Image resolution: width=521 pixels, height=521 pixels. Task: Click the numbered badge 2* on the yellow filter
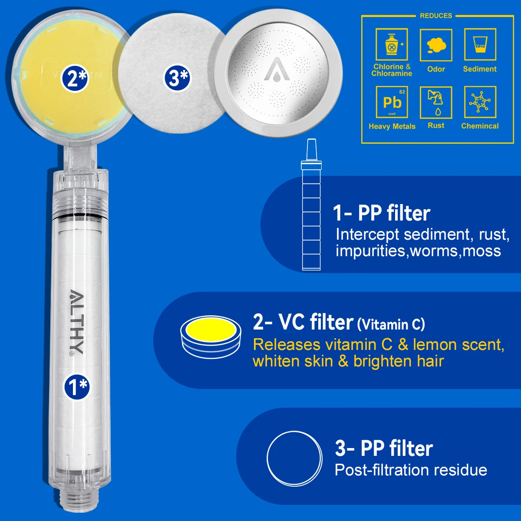75,79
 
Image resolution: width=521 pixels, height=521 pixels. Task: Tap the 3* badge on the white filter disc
177,78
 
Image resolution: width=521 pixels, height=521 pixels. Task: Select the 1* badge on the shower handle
77,387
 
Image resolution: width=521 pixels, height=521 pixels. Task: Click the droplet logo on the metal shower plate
277,70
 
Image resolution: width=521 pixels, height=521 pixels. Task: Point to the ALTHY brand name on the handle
76,322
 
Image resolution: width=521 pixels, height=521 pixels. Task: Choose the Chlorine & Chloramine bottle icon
392,45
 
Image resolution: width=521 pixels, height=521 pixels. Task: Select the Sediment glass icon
480,45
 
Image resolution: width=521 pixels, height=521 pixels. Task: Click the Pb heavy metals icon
392,102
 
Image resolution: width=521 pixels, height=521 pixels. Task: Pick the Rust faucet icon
436,102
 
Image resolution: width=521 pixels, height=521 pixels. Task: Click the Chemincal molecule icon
480,102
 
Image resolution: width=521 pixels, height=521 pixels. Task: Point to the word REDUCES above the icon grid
436,16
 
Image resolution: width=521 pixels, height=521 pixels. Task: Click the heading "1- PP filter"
381,213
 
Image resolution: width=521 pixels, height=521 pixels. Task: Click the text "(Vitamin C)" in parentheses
391,324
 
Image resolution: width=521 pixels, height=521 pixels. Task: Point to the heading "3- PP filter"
384,448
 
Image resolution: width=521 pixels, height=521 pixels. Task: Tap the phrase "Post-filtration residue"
411,470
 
